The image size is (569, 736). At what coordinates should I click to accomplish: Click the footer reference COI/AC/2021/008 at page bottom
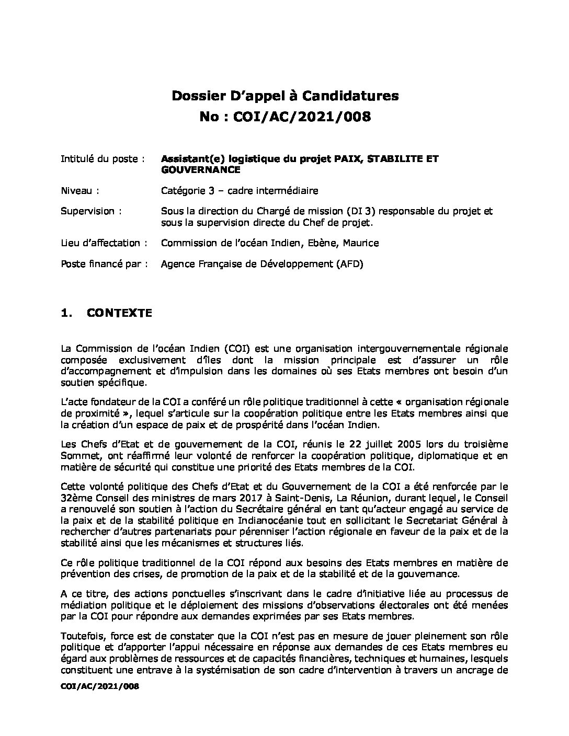tap(100, 687)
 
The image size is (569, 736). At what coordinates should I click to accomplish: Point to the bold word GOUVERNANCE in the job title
tap(201, 170)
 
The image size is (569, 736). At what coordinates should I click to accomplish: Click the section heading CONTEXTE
tap(119, 313)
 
